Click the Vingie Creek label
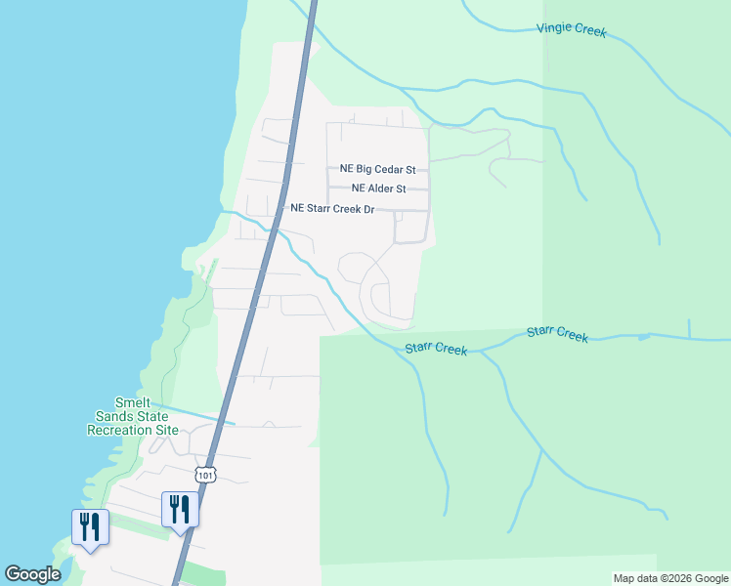pos(571,30)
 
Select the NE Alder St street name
pos(378,188)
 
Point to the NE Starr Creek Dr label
pos(332,208)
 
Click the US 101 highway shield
pos(203,475)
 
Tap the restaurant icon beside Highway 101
pos(180,510)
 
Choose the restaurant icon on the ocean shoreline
pos(90,528)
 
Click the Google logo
pos(32,574)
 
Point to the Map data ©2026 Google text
pos(669,578)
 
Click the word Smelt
pos(132,403)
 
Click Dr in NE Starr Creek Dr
pos(368,208)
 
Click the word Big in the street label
pos(364,169)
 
